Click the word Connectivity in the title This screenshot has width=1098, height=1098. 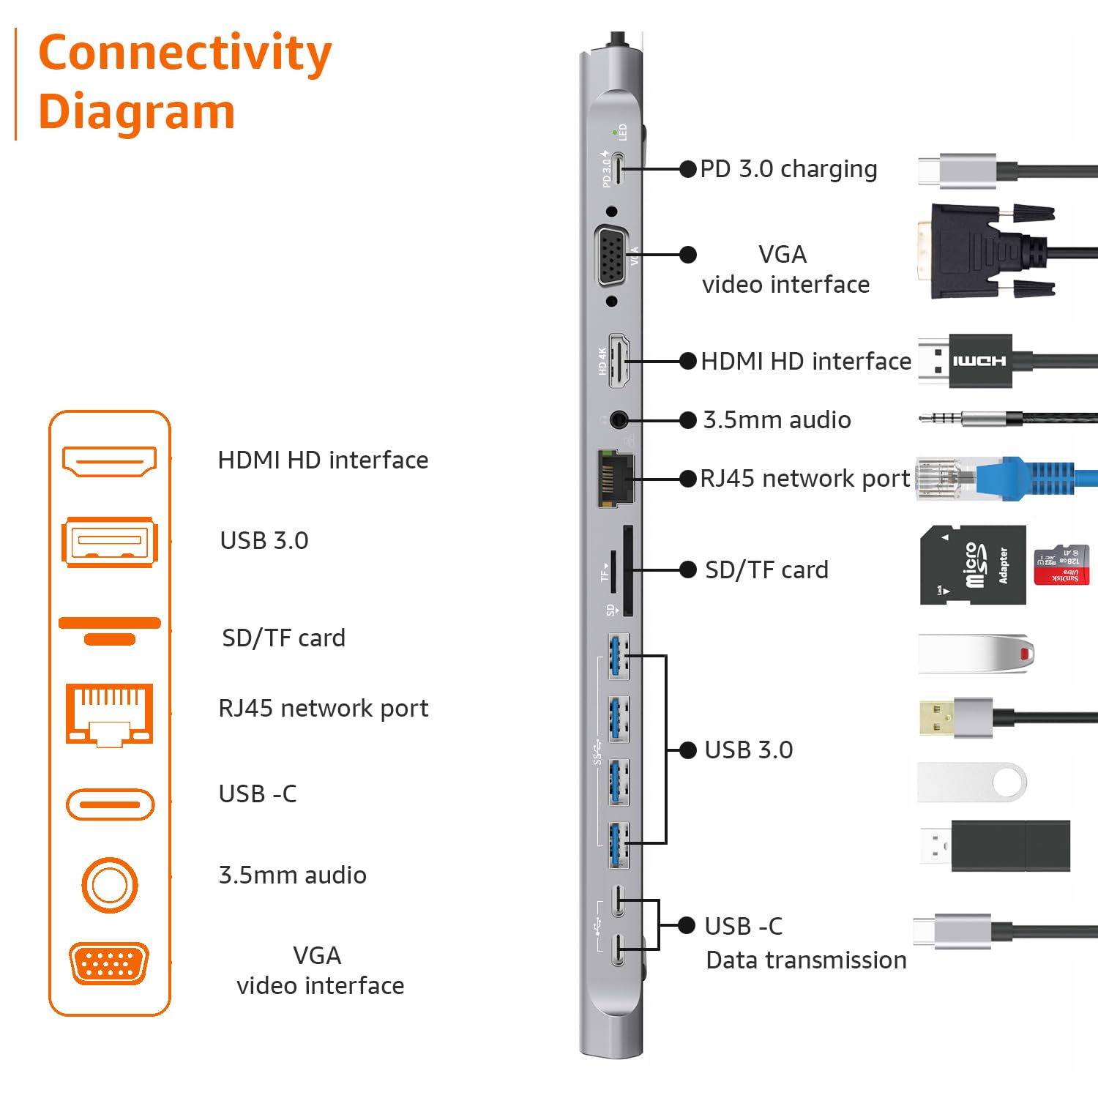[184, 53]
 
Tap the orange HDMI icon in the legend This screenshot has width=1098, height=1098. [109, 461]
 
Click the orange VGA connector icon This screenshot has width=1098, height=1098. [109, 963]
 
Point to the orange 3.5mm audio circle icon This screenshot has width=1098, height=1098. [109, 885]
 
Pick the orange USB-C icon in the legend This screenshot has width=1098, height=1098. [110, 804]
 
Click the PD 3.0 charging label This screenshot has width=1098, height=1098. [788, 169]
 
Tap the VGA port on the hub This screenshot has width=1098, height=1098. [612, 256]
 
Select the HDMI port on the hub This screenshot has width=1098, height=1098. [619, 362]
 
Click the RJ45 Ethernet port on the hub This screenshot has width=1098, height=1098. [615, 479]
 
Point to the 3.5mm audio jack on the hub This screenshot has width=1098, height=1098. [619, 420]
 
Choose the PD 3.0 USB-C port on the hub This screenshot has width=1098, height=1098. [619, 169]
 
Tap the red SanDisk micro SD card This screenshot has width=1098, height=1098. [1061, 565]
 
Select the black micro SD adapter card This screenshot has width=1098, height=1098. [972, 565]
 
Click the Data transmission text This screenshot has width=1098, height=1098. [805, 960]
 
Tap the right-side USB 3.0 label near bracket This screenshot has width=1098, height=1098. [748, 750]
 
